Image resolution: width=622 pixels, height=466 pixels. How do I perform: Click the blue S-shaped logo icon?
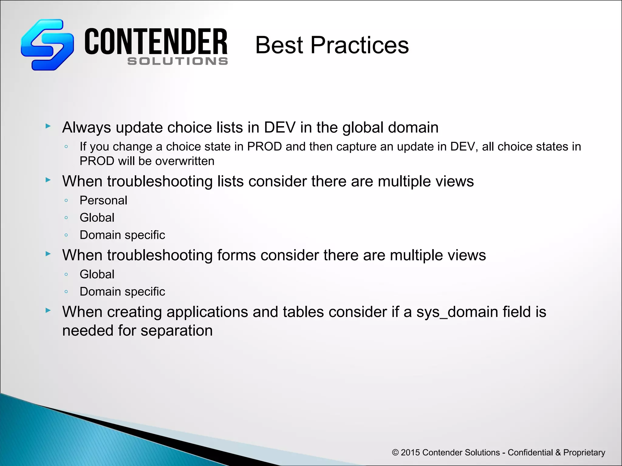pyautogui.click(x=47, y=45)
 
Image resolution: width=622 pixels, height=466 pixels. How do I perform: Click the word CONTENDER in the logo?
pyautogui.click(x=156, y=42)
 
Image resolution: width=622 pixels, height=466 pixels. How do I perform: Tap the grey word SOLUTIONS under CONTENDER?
pyautogui.click(x=178, y=61)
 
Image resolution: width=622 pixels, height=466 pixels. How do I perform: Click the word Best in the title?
pyautogui.click(x=279, y=45)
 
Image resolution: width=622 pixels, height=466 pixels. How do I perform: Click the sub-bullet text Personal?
pyautogui.click(x=103, y=201)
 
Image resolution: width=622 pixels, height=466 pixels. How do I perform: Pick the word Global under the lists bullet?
pyautogui.click(x=97, y=218)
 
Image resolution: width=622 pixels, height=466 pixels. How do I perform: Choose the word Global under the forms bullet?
pyautogui.click(x=97, y=275)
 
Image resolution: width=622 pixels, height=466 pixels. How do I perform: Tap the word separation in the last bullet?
pyautogui.click(x=176, y=330)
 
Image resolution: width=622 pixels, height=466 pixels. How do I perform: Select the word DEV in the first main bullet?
pyautogui.click(x=279, y=127)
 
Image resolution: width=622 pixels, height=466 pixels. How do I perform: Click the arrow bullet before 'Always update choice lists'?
pyautogui.click(x=48, y=126)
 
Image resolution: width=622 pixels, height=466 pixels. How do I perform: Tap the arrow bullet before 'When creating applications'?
pyautogui.click(x=48, y=310)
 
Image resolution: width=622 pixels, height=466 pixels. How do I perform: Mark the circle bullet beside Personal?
pyautogui.click(x=66, y=201)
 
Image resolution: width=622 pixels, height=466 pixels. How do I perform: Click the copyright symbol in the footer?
pyautogui.click(x=395, y=453)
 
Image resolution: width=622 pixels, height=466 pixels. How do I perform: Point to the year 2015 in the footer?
pyautogui.click(x=410, y=453)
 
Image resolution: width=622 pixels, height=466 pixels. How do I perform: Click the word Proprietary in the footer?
pyautogui.click(x=584, y=453)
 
